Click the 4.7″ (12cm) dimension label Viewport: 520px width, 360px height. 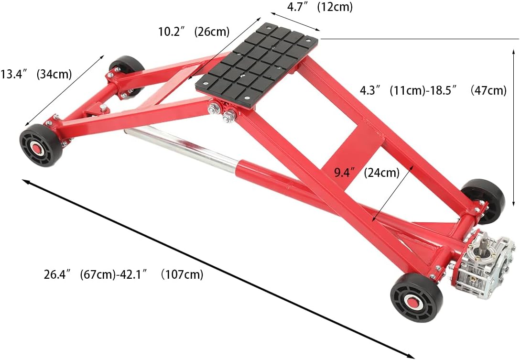coord(319,7)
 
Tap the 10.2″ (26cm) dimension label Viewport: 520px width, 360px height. coord(194,32)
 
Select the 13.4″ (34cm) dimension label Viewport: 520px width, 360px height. coord(36,74)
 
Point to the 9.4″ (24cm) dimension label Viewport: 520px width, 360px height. coord(366,173)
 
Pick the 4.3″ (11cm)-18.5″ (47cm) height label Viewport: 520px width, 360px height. coord(433,90)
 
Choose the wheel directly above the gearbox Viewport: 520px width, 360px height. coord(484,201)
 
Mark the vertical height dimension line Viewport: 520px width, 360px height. coord(514,124)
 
